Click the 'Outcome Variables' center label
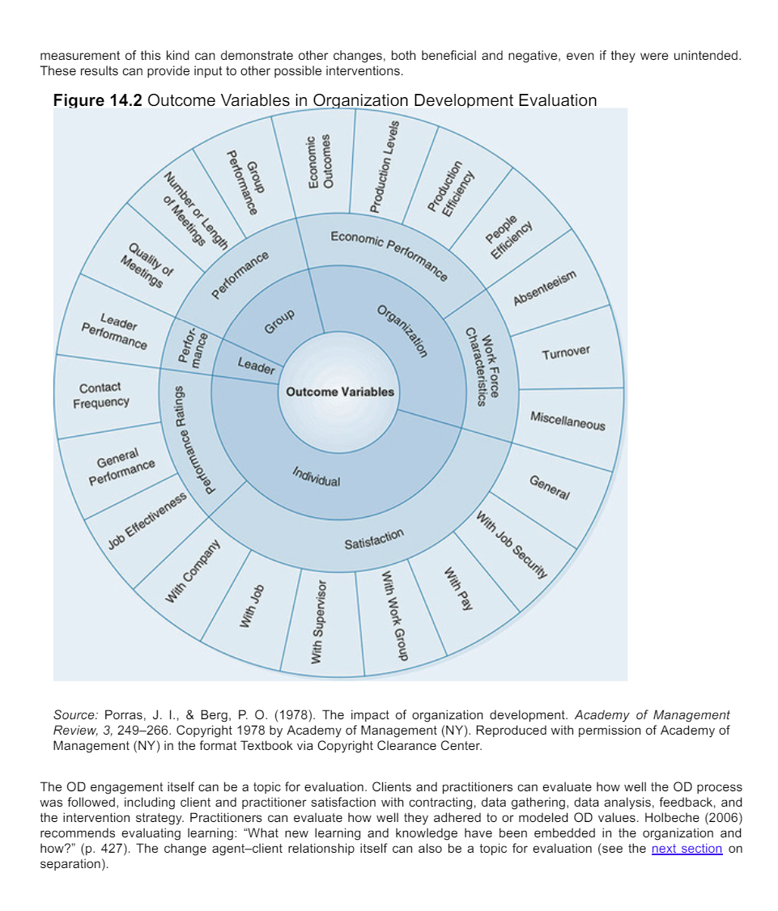pyautogui.click(x=339, y=392)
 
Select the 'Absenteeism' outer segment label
pyautogui.click(x=544, y=288)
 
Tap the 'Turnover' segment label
pyautogui.click(x=566, y=353)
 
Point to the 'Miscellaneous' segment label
pyautogui.click(x=568, y=421)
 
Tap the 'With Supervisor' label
pyautogui.click(x=319, y=620)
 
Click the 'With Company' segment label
pyautogui.click(x=193, y=572)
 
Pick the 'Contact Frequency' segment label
pyautogui.click(x=100, y=395)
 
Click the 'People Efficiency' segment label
pyautogui.click(x=508, y=235)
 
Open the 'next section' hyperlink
pyautogui.click(x=687, y=848)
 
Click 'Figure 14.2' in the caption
pyautogui.click(x=97, y=100)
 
